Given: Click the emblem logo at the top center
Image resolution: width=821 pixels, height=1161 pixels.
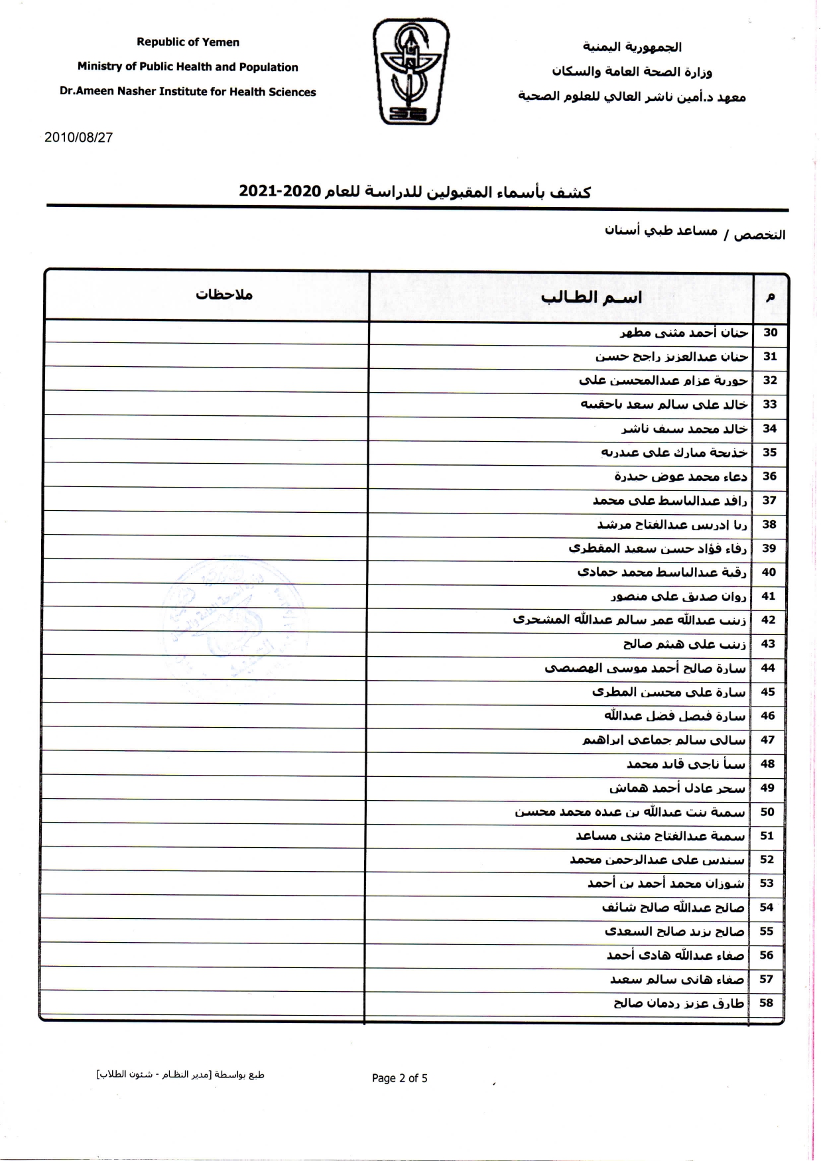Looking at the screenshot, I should click(410, 72).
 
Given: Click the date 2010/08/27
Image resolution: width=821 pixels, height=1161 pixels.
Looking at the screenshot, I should click(78, 137).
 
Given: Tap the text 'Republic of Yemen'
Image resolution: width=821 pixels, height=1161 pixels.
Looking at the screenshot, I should click(188, 42).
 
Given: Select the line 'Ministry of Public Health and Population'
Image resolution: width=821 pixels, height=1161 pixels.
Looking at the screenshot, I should click(188, 67).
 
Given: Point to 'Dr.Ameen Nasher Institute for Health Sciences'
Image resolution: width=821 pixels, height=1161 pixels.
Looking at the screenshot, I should click(188, 92).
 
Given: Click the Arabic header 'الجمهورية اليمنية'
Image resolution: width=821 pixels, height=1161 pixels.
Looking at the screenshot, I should click(632, 46).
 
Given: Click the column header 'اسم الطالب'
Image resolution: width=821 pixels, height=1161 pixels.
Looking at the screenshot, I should click(591, 297).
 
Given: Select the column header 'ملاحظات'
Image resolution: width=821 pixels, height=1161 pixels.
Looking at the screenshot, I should click(224, 295).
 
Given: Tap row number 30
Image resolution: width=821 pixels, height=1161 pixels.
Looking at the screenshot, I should click(770, 332).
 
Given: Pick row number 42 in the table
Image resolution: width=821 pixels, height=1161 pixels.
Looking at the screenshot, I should click(768, 620).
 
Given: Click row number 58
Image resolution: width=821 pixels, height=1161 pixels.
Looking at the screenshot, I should click(767, 1002).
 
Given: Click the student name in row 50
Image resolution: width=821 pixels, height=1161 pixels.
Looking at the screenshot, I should click(630, 812).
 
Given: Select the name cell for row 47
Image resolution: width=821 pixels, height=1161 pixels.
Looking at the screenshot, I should click(664, 740).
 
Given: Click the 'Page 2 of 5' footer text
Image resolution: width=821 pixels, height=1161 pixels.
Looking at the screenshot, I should click(399, 1078).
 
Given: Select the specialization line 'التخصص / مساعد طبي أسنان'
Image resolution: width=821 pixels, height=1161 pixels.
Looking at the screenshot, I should click(694, 233).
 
